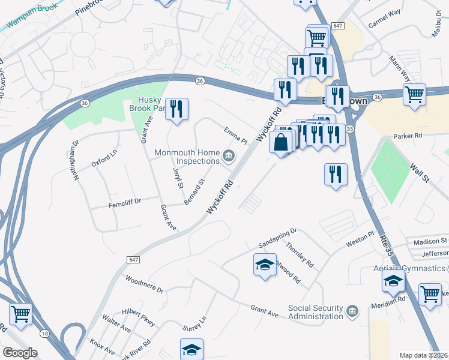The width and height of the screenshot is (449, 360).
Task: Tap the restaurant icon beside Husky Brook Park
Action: pos(176,109)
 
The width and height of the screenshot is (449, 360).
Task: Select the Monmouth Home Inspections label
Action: pos(187,157)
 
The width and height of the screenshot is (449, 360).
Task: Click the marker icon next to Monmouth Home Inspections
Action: pos(229,157)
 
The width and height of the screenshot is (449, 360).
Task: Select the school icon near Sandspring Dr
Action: pos(265,265)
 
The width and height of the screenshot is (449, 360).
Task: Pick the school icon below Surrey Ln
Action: pos(191,349)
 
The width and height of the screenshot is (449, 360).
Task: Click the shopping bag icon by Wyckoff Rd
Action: pos(281,142)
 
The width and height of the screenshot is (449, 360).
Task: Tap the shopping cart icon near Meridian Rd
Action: pos(430,294)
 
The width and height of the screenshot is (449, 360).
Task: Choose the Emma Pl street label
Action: pos(235,136)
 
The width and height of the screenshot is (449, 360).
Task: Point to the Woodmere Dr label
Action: pos(144,284)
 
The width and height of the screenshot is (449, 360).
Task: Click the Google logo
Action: pos(19,353)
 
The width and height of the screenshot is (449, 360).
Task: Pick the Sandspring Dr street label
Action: pos(278,239)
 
